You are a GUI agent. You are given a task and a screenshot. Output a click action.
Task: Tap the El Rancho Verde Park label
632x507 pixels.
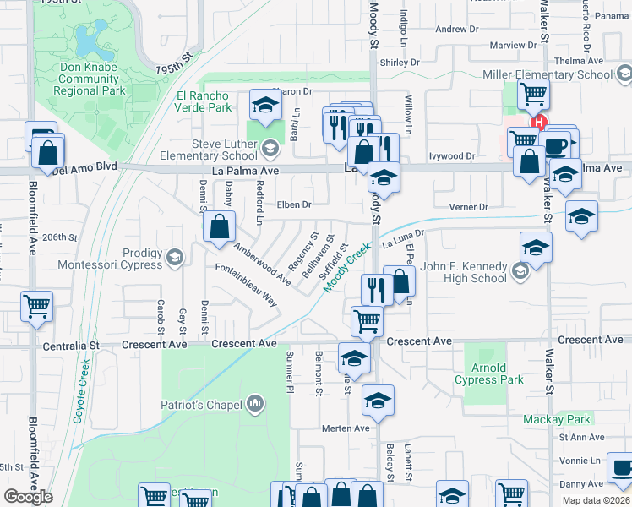click(x=204, y=101)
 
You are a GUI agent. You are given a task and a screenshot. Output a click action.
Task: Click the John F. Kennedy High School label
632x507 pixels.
click(x=464, y=273)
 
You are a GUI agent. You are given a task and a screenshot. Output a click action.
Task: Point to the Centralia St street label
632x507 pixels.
click(x=63, y=346)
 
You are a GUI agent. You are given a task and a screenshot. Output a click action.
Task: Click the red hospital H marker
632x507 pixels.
click(x=539, y=122)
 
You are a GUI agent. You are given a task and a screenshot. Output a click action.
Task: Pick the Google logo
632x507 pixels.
click(x=28, y=497)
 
